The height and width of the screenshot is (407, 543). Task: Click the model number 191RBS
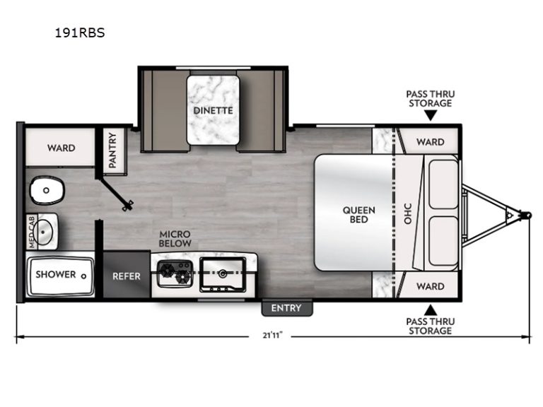click(80, 33)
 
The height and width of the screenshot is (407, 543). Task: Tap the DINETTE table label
click(213, 110)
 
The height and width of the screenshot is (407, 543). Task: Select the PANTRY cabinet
click(112, 151)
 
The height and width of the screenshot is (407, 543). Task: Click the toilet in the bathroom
click(47, 190)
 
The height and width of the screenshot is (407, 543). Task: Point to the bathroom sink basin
click(45, 231)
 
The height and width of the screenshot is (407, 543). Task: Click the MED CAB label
click(32, 232)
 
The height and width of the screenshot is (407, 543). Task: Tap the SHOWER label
click(56, 274)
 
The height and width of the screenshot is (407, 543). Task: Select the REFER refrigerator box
click(127, 275)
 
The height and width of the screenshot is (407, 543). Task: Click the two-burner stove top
click(175, 273)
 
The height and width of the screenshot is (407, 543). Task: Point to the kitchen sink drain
click(223, 274)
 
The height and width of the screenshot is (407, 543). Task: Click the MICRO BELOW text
click(175, 239)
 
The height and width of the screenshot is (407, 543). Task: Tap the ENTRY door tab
click(287, 308)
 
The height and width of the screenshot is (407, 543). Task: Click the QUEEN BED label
click(358, 215)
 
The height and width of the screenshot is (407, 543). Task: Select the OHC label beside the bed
click(408, 213)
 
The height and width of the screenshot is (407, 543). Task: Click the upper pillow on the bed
click(443, 184)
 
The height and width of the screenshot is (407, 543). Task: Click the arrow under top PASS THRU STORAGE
click(431, 115)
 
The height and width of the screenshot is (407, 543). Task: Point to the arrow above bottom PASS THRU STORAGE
click(431, 310)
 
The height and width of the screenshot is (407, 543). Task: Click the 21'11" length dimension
click(272, 336)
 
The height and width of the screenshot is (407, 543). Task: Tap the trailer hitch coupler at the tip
click(527, 216)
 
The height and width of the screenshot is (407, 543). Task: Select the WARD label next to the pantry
click(62, 148)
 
